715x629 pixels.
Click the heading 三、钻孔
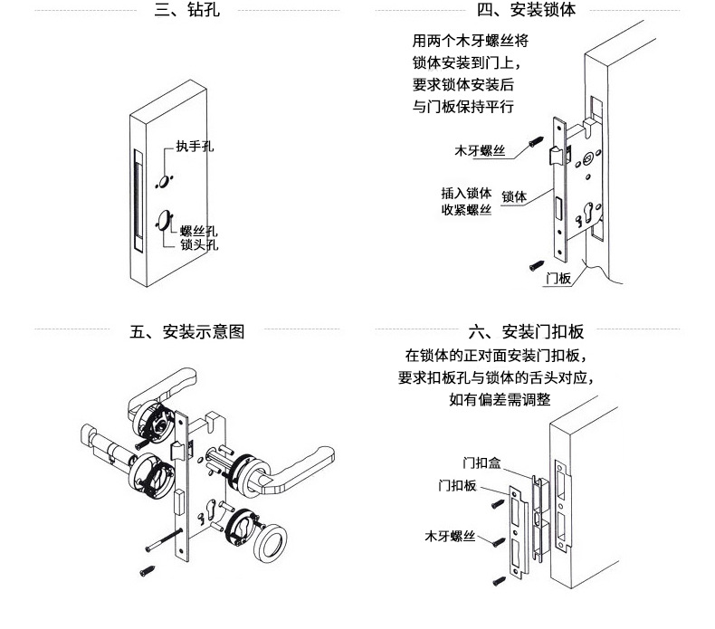[187, 10]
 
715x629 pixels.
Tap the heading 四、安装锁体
[526, 10]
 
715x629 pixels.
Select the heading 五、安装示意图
[187, 331]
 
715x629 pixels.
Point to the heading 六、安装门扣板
[526, 331]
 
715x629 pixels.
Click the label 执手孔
[195, 147]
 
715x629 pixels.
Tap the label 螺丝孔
[199, 231]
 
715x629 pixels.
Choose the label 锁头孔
[199, 244]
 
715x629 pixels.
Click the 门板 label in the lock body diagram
[558, 278]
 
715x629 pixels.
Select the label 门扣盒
[481, 463]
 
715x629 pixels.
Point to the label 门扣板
[457, 485]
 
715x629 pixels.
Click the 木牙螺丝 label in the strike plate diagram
[450, 536]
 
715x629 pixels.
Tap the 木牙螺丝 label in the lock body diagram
[480, 150]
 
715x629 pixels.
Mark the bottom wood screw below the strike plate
[499, 581]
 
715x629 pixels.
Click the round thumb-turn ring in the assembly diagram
[271, 543]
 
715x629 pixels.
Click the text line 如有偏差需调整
[500, 399]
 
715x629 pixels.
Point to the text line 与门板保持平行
[463, 107]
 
